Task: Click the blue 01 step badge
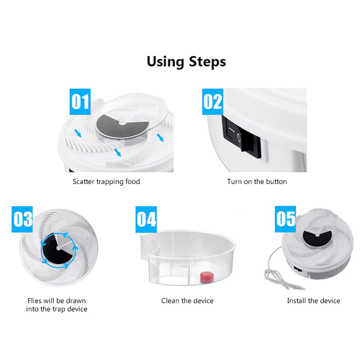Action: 80,102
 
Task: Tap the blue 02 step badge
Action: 212,102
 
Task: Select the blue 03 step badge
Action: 22,219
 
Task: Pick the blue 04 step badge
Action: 146,219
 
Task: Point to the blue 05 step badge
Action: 285,219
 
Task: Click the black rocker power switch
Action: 241,137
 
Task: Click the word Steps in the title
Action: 207,62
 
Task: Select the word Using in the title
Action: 165,62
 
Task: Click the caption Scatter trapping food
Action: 106,182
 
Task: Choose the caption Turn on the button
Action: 257,182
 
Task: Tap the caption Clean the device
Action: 187,301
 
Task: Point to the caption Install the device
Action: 314,301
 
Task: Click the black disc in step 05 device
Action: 317,238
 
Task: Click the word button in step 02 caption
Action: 276,182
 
